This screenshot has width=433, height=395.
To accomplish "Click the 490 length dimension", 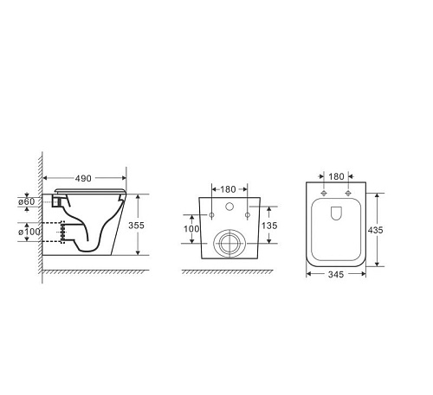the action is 83,179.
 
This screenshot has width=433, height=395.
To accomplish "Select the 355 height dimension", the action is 136,226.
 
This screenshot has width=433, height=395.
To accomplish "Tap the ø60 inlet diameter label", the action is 27,201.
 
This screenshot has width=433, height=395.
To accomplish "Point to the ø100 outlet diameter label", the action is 29,232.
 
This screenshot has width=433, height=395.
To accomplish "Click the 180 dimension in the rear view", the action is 228,189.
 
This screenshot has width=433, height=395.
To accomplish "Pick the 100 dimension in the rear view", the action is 191,229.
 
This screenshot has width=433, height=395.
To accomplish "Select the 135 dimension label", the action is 269,226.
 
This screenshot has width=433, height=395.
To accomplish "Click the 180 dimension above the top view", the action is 336,176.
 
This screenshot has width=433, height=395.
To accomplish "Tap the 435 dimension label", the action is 375,230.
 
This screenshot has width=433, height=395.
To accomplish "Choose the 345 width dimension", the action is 336,274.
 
